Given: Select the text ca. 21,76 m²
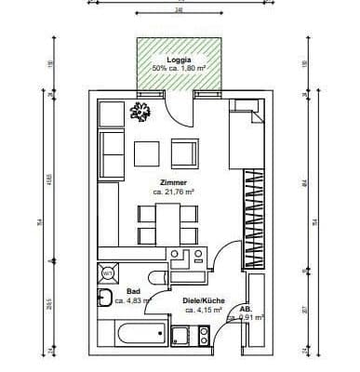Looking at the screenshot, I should click(173, 192).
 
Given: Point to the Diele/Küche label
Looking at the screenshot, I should click(204, 299).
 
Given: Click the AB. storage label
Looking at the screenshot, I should click(246, 308).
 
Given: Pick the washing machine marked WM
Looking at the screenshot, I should click(107, 273).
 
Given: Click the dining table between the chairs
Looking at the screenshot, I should click(168, 219).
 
